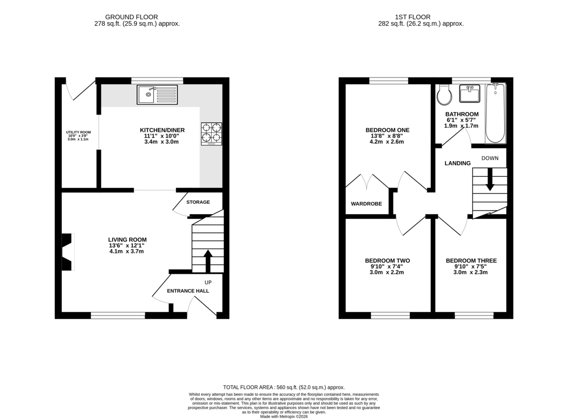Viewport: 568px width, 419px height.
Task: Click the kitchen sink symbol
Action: (157, 95)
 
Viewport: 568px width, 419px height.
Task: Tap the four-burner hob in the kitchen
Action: (211, 134)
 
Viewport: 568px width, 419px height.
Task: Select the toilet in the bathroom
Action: (444, 95)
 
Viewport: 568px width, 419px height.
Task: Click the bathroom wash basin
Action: (470, 94)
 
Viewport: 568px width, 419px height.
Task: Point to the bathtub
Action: (495, 113)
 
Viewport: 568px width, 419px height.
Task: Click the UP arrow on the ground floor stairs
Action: (208, 261)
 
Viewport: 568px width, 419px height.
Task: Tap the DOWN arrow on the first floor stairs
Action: (490, 179)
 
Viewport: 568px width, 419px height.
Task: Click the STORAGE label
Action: (198, 202)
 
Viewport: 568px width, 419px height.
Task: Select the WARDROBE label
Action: (366, 204)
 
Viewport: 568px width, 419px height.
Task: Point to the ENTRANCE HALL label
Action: (188, 291)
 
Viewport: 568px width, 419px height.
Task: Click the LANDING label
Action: (457, 163)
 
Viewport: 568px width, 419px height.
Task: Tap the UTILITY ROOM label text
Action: (79, 132)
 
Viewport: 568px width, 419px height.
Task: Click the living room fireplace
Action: (68, 252)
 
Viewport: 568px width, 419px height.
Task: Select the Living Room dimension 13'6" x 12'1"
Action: (127, 245)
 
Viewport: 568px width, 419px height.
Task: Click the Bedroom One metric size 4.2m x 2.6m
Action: (387, 142)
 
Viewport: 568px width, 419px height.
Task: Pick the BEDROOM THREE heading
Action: (471, 261)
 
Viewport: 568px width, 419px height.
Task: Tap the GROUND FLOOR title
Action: (132, 17)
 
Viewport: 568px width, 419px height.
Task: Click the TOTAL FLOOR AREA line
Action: (284, 387)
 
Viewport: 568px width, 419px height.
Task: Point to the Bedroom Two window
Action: (390, 315)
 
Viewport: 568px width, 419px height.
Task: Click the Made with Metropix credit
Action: (284, 417)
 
